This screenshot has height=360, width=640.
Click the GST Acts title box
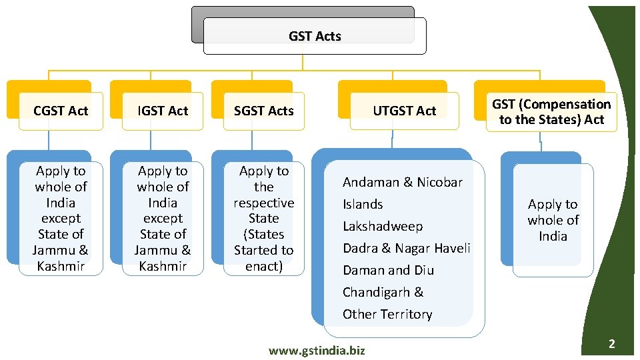click(315, 36)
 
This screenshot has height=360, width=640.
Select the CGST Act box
click(61, 111)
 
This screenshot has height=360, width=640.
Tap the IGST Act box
click(163, 111)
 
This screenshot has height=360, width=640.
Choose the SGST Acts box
click(264, 111)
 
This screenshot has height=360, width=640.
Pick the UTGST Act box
click(404, 111)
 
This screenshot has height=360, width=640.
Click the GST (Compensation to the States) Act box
click(551, 111)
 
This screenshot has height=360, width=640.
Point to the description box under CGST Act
click(61, 218)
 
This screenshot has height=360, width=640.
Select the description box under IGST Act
click(163, 218)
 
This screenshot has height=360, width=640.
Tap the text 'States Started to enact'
click(264, 250)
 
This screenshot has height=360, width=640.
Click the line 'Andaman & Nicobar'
click(402, 182)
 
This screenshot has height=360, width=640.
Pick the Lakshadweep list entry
click(382, 226)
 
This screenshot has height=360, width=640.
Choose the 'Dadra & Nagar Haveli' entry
click(406, 248)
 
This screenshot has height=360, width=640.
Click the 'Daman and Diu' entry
click(388, 270)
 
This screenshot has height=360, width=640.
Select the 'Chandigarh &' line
click(383, 292)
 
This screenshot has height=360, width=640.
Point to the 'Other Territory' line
click(387, 314)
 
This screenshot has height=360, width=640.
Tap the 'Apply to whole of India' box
click(553, 220)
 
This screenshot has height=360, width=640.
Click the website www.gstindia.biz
click(317, 350)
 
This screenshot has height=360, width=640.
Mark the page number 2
click(611, 344)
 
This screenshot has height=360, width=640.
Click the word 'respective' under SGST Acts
click(264, 203)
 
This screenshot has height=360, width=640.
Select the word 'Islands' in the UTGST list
click(363, 204)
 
